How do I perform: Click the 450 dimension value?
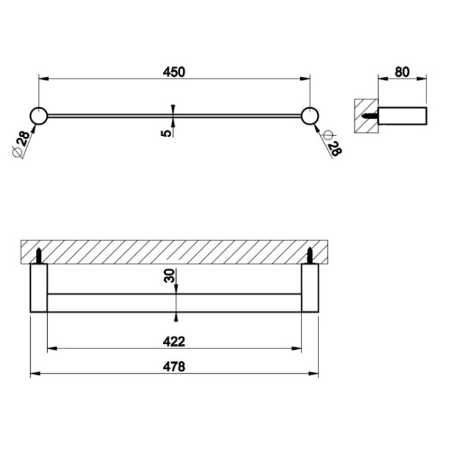pyautogui.click(x=174, y=72)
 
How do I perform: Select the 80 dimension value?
pyautogui.click(x=402, y=72)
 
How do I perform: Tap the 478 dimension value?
pyautogui.click(x=175, y=367)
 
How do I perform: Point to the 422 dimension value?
pyautogui.click(x=175, y=341)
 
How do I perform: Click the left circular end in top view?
pyautogui.click(x=38, y=116)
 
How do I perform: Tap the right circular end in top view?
pyautogui.click(x=310, y=116)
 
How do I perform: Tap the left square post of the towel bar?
pyautogui.click(x=39, y=288)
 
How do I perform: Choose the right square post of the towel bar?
pyautogui.click(x=310, y=288)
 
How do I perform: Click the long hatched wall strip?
pyautogui.click(x=174, y=252)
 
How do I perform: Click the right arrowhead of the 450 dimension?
pyautogui.click(x=306, y=79)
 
